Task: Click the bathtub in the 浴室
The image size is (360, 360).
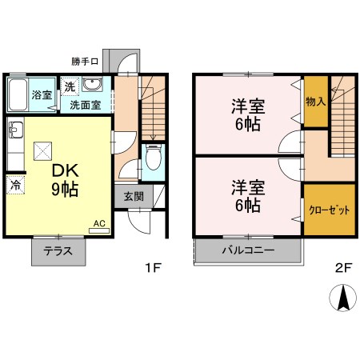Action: click(18, 94)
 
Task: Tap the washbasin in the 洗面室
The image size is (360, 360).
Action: click(92, 85)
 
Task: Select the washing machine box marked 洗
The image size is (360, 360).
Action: click(70, 86)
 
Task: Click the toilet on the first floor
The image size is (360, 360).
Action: click(154, 158)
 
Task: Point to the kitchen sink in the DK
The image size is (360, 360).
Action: click(16, 130)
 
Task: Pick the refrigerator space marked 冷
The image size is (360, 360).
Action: click(15, 185)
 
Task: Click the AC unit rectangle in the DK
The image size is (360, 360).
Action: click(99, 231)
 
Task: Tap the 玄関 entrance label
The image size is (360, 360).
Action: click(134, 197)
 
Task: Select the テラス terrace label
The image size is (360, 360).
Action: click(58, 251)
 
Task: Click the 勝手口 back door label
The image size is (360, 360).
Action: click(85, 62)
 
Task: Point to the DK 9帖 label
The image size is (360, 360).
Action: click(65, 180)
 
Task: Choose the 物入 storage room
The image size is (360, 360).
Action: click(316, 102)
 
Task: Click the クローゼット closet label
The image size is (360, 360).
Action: click(329, 210)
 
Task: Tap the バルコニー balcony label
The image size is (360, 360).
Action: click(248, 250)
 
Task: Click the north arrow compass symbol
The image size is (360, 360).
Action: click(342, 298)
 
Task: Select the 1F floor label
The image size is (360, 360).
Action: click(154, 267)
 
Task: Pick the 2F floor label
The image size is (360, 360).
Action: click(344, 268)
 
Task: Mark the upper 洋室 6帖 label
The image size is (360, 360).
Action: click(248, 115)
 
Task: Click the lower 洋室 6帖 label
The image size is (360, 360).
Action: click(248, 196)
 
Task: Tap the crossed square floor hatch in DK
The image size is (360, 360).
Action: click(42, 151)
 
